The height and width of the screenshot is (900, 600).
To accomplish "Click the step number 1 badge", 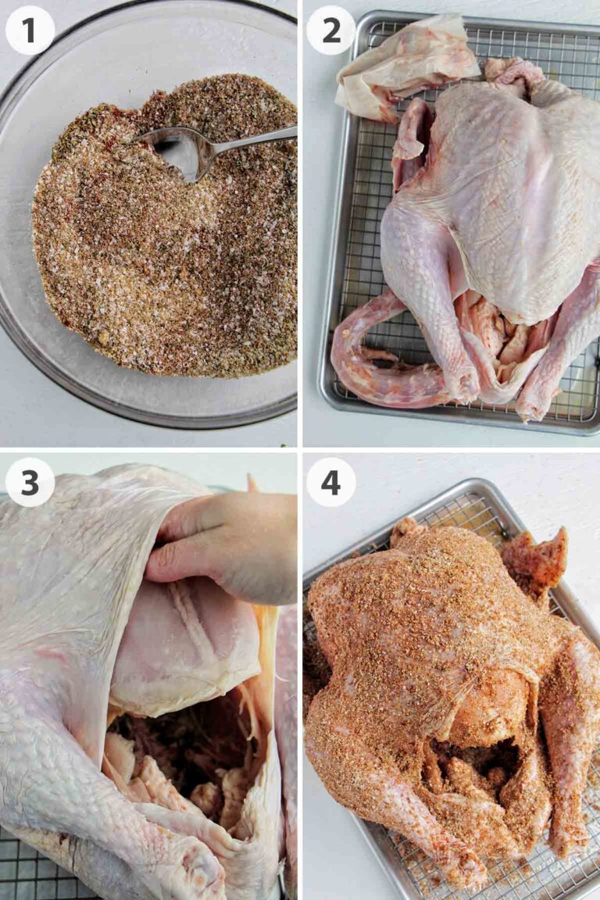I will (x=30, y=30).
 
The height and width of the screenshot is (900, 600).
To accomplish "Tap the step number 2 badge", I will (x=330, y=30).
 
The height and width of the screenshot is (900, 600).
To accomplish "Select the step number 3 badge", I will (x=30, y=482).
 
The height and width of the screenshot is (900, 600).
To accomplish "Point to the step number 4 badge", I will (x=330, y=482).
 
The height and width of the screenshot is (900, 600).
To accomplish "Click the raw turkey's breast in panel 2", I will (x=508, y=195).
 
